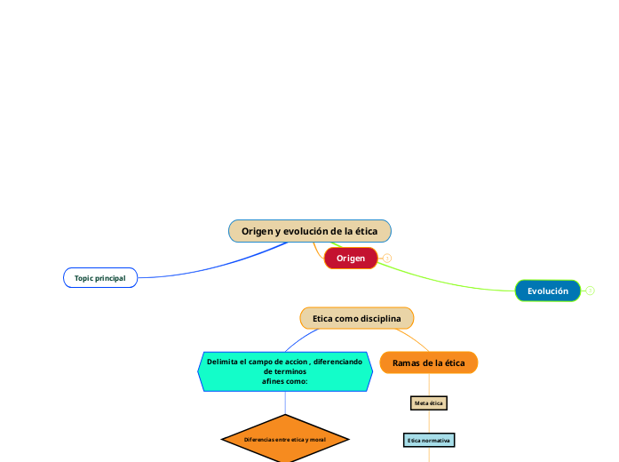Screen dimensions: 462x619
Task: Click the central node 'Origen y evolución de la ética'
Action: (x=309, y=231)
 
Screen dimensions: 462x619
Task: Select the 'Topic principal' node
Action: (x=100, y=278)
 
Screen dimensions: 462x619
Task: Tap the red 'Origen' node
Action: (x=351, y=258)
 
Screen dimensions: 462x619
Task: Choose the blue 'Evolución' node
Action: (x=548, y=291)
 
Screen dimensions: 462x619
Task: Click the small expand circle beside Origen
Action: (x=387, y=259)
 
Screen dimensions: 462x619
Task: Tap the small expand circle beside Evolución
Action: (x=591, y=291)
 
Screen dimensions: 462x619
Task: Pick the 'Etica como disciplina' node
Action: (x=357, y=318)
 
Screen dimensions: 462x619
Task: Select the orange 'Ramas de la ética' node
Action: (x=429, y=362)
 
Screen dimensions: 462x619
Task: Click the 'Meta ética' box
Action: (x=429, y=403)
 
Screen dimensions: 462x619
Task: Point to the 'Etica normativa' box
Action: (x=429, y=440)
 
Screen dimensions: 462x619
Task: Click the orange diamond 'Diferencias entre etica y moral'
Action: (x=285, y=439)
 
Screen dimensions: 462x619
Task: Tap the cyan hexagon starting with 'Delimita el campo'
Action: (x=284, y=371)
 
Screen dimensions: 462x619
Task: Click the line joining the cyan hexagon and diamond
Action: (x=285, y=403)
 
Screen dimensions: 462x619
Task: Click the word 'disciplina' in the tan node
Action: (x=381, y=318)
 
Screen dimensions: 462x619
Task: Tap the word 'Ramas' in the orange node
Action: (x=407, y=362)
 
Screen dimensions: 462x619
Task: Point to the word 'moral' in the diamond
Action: (x=317, y=439)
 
